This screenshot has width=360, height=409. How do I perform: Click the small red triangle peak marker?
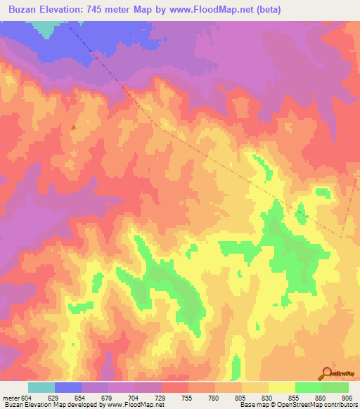(74, 127)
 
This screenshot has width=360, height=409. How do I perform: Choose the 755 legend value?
(188, 398)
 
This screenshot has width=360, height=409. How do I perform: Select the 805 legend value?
(241, 398)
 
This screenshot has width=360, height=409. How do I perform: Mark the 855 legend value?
(295, 398)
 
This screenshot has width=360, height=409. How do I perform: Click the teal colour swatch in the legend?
(41, 387)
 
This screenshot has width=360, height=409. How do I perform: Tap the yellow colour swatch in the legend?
(281, 387)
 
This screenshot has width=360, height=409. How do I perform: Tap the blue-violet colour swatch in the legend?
(68, 387)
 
